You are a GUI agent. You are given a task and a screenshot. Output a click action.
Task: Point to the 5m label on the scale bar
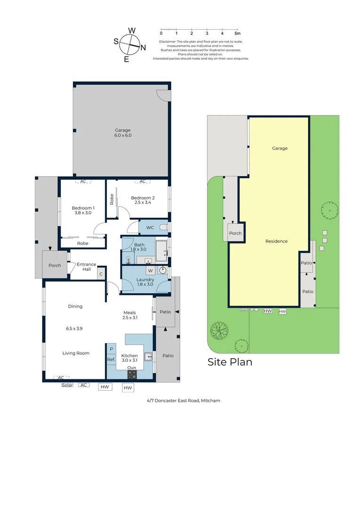237,33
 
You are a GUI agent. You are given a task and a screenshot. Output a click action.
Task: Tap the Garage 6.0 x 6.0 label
123,133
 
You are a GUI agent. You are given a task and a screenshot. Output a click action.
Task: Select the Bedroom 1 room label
83,210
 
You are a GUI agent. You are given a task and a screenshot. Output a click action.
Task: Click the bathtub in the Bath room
161,250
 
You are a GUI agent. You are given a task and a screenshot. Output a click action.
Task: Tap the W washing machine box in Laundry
150,271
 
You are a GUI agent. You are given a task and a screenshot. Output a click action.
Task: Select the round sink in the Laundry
163,271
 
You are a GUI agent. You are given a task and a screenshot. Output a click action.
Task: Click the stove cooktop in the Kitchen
132,375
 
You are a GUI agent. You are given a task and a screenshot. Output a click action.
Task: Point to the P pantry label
111,349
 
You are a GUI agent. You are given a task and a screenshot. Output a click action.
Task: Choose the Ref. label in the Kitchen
111,360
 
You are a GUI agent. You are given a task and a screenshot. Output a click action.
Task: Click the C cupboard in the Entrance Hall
101,274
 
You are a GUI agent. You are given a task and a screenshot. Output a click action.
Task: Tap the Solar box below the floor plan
67,385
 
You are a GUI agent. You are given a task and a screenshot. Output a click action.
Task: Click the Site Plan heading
230,362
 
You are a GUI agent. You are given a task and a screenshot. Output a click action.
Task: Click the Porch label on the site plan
235,233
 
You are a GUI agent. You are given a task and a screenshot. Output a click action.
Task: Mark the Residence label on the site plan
276,241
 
